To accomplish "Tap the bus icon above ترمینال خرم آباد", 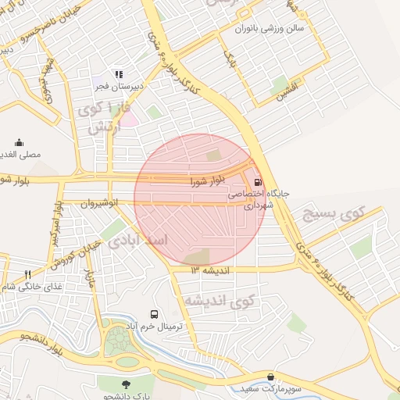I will click(x=153, y=313).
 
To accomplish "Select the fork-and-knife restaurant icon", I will click(x=27, y=274).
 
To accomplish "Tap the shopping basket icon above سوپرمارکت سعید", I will click(x=270, y=377).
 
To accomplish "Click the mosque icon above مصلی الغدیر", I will click(x=19, y=143).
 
